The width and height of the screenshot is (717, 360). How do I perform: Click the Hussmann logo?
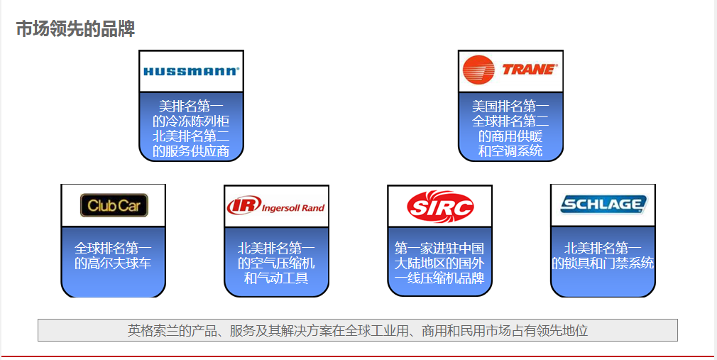click(x=191, y=71)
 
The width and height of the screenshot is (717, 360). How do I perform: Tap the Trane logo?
click(x=510, y=70)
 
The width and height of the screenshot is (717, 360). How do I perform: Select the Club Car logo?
click(x=114, y=206)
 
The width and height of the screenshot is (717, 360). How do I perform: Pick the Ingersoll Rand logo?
click(x=276, y=207)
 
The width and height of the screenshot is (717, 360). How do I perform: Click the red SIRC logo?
click(x=439, y=207)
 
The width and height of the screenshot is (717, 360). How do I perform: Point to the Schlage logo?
click(x=603, y=205)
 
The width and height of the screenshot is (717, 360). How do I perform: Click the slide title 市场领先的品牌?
click(x=75, y=29)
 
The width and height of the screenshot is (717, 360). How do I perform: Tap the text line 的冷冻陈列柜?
click(x=191, y=121)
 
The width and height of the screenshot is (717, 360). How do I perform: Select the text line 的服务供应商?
click(x=191, y=151)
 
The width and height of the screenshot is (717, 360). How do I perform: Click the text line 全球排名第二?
click(x=510, y=121)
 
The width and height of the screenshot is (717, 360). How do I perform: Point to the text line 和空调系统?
click(x=510, y=151)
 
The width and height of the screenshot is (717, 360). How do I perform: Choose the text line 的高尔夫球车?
click(x=114, y=263)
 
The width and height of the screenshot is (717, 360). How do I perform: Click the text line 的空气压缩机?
click(x=276, y=263)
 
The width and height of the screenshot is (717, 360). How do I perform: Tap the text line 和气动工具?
click(x=276, y=278)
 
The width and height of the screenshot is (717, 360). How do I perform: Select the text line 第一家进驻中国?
click(x=439, y=249)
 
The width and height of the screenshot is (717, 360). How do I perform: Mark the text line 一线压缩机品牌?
click(x=439, y=278)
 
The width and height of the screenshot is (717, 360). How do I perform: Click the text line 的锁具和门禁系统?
click(x=603, y=263)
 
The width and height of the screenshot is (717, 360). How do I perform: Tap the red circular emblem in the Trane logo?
click(x=478, y=70)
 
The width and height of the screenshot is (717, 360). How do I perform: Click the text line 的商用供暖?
click(x=510, y=136)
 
